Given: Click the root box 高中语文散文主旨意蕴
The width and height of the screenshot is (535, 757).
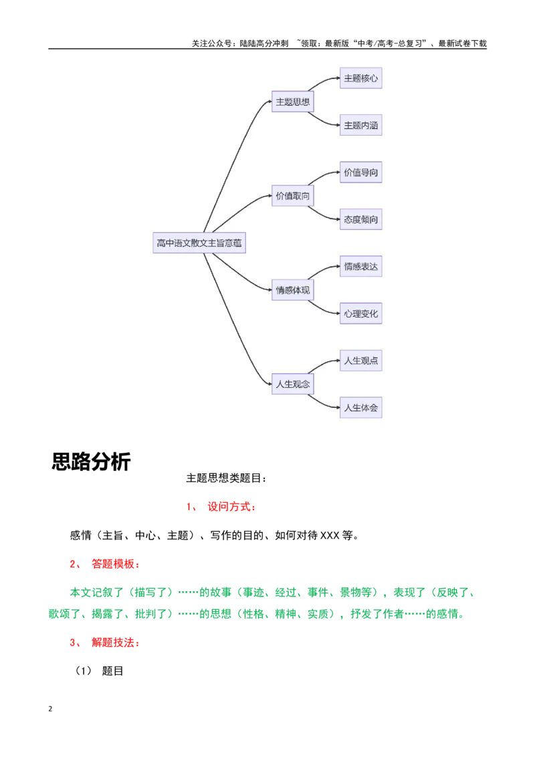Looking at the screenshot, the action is click(x=199, y=243).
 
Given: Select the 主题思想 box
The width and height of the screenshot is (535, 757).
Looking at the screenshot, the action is click(x=293, y=102).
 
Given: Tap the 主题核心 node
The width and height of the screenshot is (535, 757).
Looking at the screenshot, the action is click(x=360, y=78).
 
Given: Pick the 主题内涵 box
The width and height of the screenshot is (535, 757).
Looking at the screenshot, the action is click(x=360, y=125).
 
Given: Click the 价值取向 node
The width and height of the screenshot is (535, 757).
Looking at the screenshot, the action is click(x=293, y=195).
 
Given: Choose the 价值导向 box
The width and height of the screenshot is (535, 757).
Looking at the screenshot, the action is click(x=360, y=173).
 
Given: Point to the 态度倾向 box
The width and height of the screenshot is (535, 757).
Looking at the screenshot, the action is click(x=360, y=219).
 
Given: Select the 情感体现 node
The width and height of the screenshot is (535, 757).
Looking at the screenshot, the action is click(x=293, y=290).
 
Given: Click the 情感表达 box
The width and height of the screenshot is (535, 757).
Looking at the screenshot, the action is click(x=360, y=267).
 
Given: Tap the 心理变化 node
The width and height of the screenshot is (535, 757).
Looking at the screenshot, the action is click(x=360, y=314).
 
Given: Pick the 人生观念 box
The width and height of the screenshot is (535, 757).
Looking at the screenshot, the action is click(x=293, y=384).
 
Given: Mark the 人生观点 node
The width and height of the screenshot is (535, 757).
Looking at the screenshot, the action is click(x=360, y=360).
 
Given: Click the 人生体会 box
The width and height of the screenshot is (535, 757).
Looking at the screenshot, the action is click(x=360, y=407).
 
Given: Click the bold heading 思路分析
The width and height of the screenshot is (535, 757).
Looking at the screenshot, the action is click(x=91, y=461).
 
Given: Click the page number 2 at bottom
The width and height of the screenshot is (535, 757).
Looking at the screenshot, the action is click(x=50, y=709).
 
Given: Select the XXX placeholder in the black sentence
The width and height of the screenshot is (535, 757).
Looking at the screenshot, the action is click(x=330, y=536).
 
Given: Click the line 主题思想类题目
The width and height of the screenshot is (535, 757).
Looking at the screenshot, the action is click(x=226, y=478).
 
